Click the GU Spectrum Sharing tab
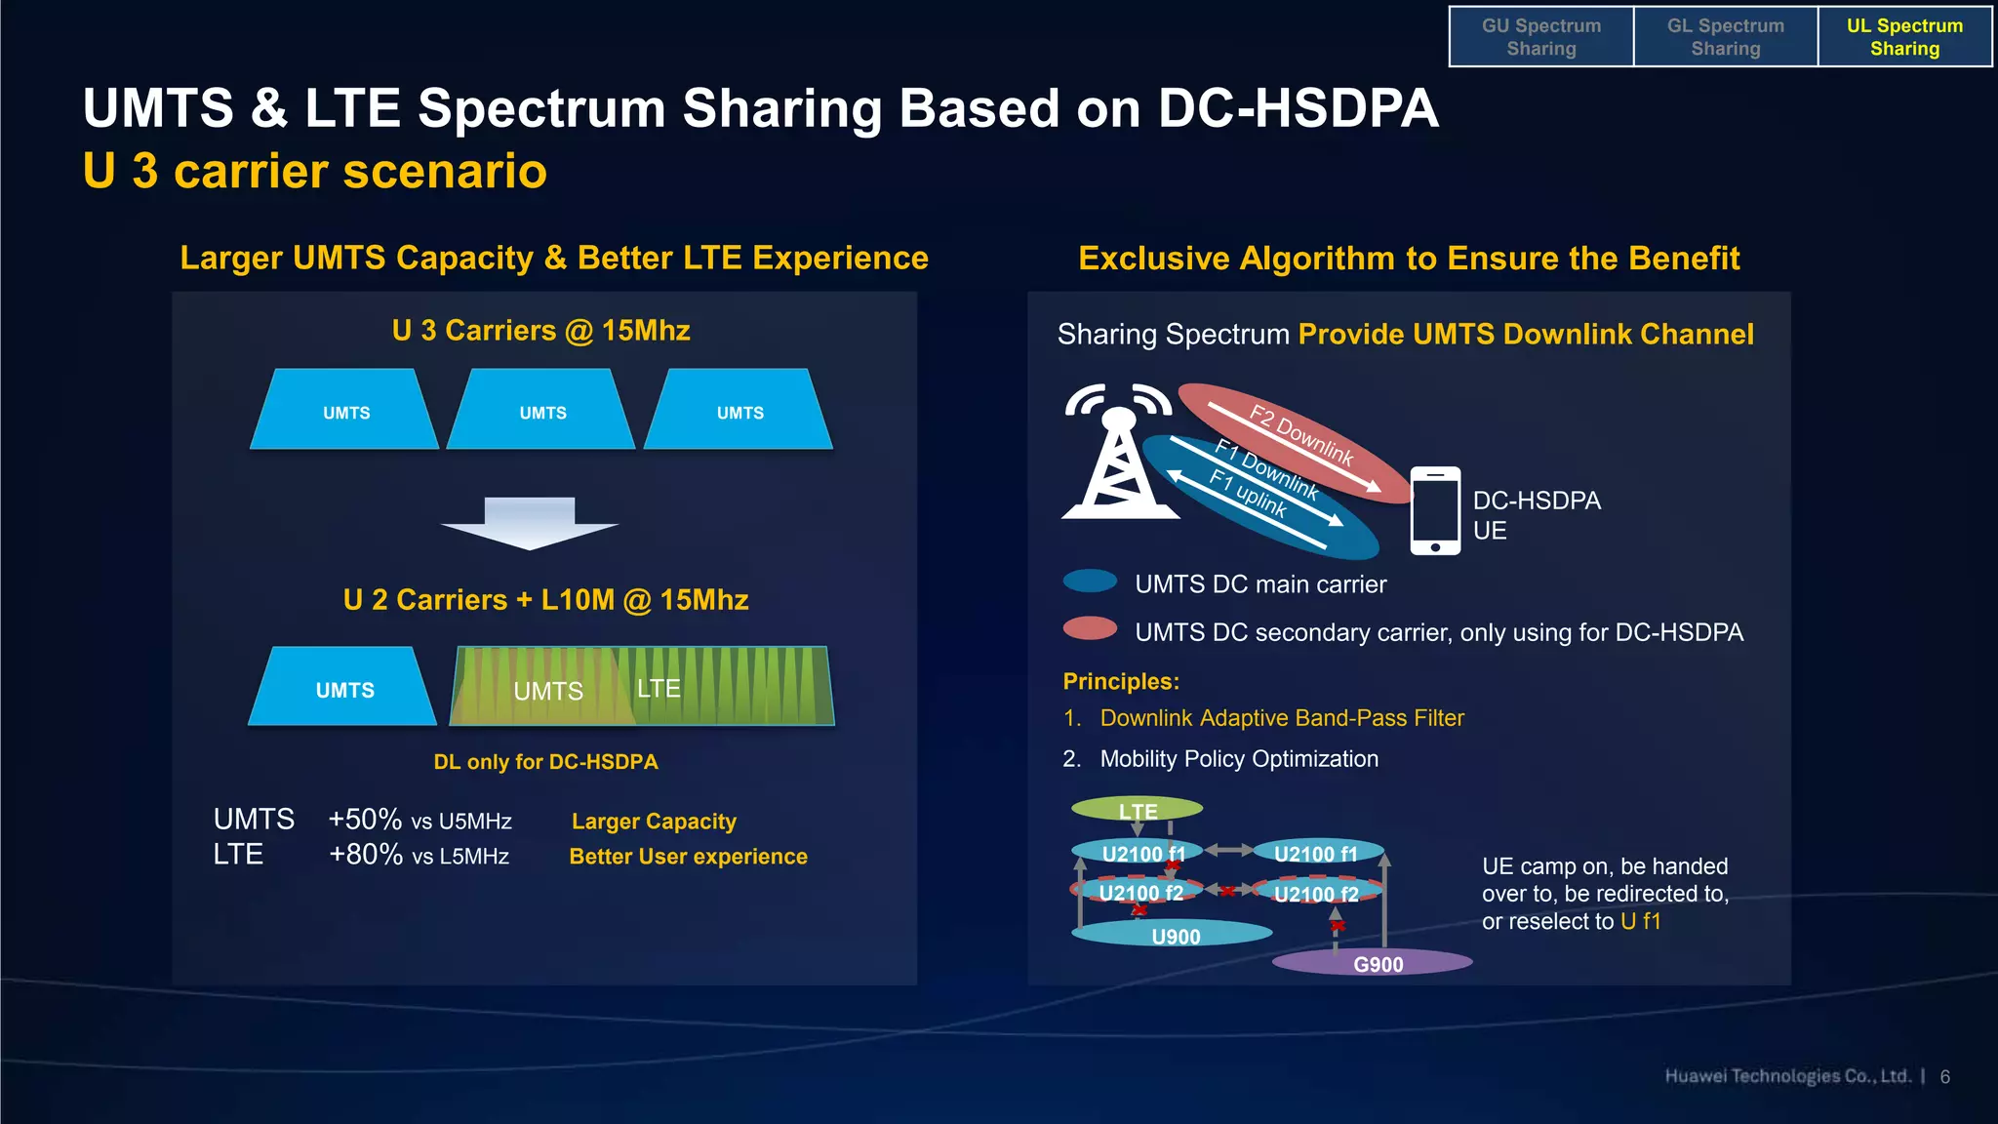(x=1540, y=37)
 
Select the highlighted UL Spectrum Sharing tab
(x=1903, y=37)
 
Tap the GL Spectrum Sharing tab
(x=1725, y=37)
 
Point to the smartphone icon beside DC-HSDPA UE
(x=1435, y=511)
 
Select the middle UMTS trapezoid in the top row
(x=541, y=411)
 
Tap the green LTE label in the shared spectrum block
(x=659, y=688)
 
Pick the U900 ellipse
(x=1174, y=935)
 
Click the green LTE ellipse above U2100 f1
(x=1137, y=809)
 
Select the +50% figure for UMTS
(x=365, y=819)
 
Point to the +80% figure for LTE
(x=365, y=855)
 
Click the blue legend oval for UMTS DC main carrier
(x=1090, y=582)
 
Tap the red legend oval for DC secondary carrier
(x=1090, y=628)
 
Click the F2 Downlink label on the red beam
(x=1301, y=435)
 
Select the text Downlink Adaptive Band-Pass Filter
(x=1281, y=718)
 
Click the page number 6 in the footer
(x=1944, y=1077)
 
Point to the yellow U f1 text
(x=1640, y=921)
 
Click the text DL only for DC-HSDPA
(x=545, y=762)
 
